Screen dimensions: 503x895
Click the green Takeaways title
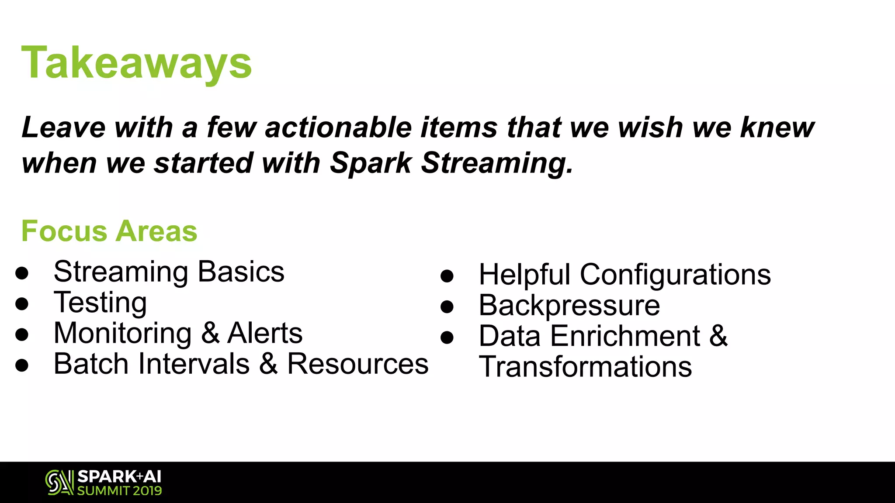(136, 63)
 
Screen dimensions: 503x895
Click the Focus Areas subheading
(109, 231)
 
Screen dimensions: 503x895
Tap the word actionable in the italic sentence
(338, 127)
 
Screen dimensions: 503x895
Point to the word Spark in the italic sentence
(370, 163)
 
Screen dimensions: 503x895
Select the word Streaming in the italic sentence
(496, 163)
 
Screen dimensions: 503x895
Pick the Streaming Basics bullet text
(169, 272)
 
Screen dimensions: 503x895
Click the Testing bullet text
(100, 303)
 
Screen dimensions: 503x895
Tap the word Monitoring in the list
(122, 333)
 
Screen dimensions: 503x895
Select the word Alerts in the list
(265, 333)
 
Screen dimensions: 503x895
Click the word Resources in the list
(357, 364)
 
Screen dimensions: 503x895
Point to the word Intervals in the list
(194, 364)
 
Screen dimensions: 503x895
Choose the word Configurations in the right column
(675, 275)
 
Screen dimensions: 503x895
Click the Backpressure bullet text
(569, 305)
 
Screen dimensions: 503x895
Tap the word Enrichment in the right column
(625, 336)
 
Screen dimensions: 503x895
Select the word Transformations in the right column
(585, 366)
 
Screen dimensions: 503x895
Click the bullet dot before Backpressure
(447, 307)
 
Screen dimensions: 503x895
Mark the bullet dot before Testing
(21, 304)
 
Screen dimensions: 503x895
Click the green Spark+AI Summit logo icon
(59, 482)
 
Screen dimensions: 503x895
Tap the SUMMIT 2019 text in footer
(119, 491)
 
